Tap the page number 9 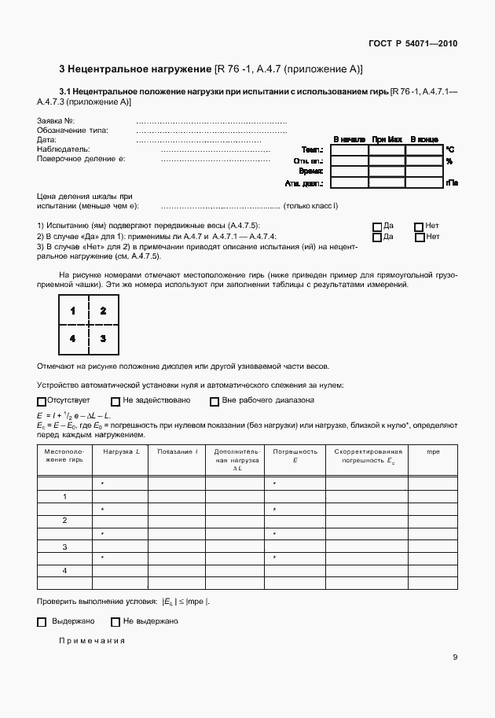coord(455,658)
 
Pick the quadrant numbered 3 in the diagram coord(103,338)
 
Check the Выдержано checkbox coord(42,622)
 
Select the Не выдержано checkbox coord(115,622)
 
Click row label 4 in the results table coord(64,569)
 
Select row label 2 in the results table coord(64,521)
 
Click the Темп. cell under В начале coord(350,149)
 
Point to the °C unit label coord(450,149)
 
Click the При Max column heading coord(387,139)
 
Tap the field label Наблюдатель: coord(64,149)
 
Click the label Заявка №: coord(56,120)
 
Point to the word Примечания coord(92,641)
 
